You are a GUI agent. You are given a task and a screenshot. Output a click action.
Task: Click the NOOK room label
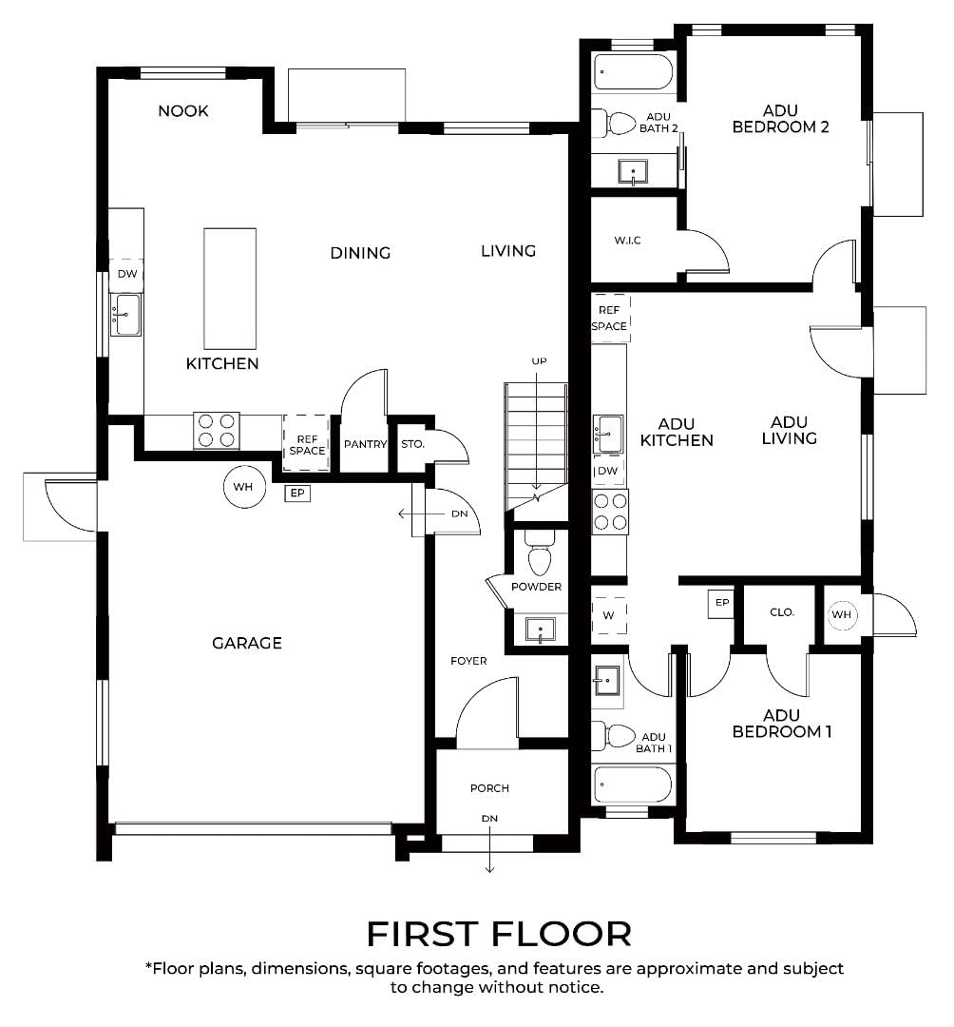183,110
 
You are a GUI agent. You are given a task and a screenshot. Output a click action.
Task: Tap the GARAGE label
247,643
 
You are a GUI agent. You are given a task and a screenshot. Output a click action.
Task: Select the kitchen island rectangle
230,288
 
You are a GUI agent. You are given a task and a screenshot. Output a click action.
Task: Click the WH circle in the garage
243,487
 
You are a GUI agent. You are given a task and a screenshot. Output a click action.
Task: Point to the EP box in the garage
297,494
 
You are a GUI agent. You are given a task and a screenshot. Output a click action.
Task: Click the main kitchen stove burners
217,431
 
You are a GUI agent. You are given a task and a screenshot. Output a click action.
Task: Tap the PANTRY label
365,444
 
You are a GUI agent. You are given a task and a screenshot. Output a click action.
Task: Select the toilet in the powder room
539,552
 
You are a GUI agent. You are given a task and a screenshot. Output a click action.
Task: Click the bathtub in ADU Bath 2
633,72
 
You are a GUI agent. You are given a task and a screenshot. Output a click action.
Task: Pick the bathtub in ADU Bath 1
633,785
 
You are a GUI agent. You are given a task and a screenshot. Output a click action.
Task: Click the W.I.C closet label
627,241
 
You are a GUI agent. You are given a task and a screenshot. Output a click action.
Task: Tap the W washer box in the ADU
608,615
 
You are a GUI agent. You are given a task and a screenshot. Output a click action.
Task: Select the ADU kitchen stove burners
610,512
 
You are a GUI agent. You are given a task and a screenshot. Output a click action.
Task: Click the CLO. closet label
782,612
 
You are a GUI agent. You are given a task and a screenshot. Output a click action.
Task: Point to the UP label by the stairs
539,361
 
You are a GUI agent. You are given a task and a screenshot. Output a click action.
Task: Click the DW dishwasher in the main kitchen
127,274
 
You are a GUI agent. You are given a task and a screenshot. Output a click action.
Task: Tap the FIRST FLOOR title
499,934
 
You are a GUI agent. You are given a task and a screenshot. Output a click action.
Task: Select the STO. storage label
412,444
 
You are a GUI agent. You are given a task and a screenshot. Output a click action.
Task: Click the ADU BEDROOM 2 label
780,119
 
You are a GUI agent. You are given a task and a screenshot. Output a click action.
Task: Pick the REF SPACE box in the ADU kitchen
610,318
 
